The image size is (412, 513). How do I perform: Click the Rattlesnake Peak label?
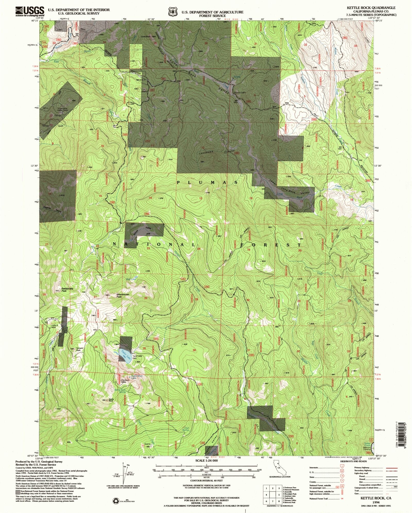click(67, 289)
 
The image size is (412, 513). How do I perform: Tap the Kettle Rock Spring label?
click(120, 391)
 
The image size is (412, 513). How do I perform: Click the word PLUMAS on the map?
click(207, 182)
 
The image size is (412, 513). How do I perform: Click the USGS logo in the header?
click(30, 11)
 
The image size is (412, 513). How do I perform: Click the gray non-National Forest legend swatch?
click(18, 491)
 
